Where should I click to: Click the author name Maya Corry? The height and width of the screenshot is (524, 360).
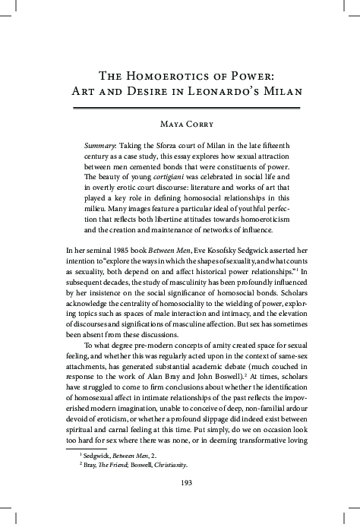180,124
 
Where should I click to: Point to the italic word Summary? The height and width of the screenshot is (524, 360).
103,144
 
